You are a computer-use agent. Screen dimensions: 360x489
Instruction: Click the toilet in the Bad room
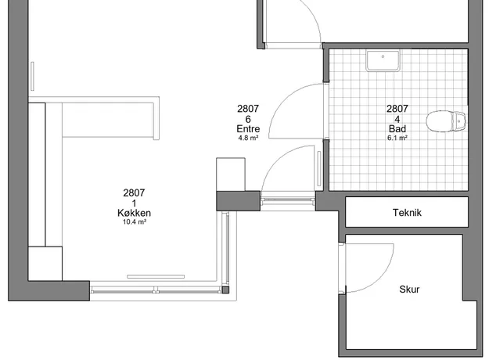tap(447, 121)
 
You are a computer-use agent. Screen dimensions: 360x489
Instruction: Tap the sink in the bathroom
tap(383, 60)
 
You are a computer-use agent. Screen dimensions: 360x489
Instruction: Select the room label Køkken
tap(134, 213)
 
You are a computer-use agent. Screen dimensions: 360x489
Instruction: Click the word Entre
tap(247, 128)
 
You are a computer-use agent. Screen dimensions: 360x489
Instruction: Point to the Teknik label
tap(408, 212)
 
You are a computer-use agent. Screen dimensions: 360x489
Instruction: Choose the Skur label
tap(409, 290)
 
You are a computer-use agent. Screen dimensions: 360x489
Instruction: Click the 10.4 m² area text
tap(134, 222)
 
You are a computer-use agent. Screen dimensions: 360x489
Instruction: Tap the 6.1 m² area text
tap(397, 138)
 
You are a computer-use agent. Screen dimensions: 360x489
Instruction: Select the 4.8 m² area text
tap(247, 138)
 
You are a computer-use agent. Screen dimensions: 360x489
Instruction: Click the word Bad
tap(397, 128)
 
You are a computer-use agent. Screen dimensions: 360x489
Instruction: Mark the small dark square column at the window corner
tap(225, 290)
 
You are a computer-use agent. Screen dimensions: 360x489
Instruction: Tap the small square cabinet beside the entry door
tap(231, 174)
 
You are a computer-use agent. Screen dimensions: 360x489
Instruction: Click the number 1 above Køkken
tap(134, 203)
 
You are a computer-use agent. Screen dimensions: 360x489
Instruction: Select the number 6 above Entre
tap(247, 119)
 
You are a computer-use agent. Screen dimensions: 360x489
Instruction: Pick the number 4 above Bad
tap(397, 119)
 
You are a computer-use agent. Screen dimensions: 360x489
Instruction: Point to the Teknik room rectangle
tap(407, 212)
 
